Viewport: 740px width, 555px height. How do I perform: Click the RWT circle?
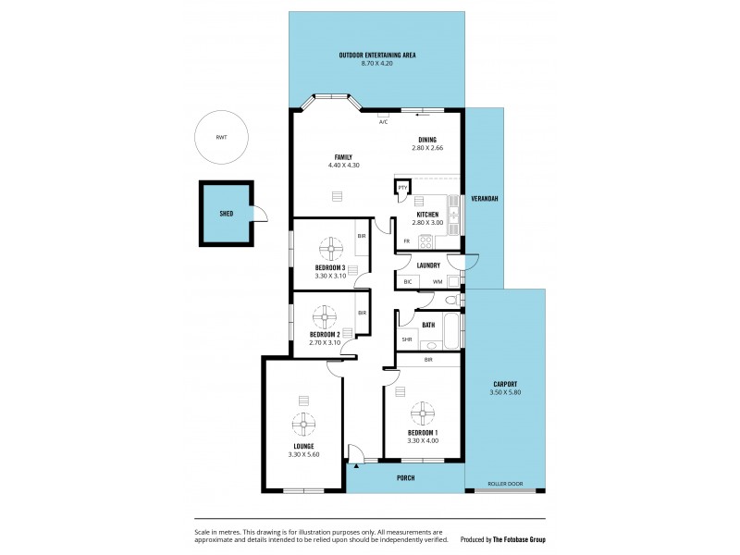(221, 137)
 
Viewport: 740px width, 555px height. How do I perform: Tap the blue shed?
(227, 214)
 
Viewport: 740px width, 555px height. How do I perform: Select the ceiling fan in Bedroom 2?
(324, 318)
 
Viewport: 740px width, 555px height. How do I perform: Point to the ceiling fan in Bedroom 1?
(423, 412)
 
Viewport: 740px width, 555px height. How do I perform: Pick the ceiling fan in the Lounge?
(303, 425)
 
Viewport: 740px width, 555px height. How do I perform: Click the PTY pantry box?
(402, 188)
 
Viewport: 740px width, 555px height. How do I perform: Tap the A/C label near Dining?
(383, 121)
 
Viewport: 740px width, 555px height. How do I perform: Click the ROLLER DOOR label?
(505, 484)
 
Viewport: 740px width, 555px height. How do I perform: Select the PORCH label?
(405, 478)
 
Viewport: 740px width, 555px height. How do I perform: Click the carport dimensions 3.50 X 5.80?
(505, 393)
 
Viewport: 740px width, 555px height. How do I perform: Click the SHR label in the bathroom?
(406, 340)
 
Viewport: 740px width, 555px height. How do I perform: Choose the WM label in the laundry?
(437, 281)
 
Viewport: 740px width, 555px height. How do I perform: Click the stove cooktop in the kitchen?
(426, 242)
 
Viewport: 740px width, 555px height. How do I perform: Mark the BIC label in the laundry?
(407, 281)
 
